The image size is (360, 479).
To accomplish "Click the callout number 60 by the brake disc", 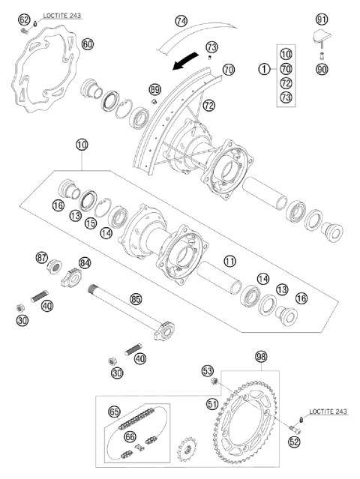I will click(x=88, y=44).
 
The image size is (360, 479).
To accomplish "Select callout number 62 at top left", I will click(x=24, y=19).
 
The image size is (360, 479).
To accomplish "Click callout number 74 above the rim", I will click(x=181, y=21).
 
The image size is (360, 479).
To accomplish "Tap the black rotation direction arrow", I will click(x=184, y=64).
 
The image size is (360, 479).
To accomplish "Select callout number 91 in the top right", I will click(x=322, y=19).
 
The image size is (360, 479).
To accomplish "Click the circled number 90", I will click(x=322, y=69).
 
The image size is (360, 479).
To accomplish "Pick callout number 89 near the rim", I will click(x=155, y=89).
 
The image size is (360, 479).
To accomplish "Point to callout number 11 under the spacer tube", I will click(x=230, y=262).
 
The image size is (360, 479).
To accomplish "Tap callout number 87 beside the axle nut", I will click(x=43, y=258).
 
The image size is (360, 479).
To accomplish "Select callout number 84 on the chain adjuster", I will click(x=85, y=262).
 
